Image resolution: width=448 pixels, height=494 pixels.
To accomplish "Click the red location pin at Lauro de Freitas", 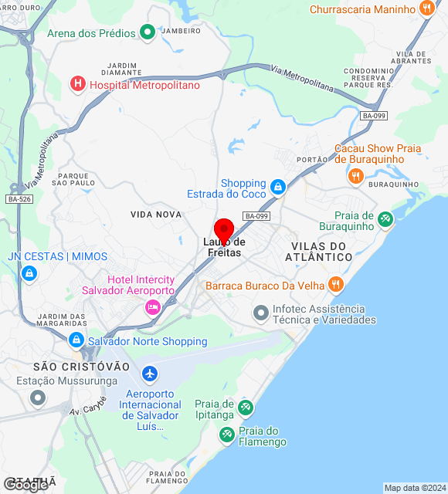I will click(x=223, y=230).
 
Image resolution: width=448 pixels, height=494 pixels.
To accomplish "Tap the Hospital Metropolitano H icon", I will click(x=77, y=84).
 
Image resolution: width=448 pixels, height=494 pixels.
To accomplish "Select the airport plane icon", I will click(x=149, y=375).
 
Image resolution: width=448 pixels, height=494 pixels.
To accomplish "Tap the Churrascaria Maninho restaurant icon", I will click(x=426, y=9).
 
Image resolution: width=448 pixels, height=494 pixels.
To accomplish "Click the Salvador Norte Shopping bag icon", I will click(x=76, y=340).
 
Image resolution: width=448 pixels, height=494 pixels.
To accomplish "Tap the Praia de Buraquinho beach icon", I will click(x=385, y=220).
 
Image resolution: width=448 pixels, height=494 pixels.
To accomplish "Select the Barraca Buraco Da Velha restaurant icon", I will click(x=335, y=285).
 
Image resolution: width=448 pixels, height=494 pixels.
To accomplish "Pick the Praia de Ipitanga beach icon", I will click(x=246, y=407).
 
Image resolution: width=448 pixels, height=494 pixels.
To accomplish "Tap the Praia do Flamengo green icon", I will click(x=226, y=435).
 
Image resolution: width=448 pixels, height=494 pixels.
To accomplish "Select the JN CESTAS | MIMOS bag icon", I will click(x=29, y=272).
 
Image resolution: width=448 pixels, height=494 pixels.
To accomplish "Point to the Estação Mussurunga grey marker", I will click(x=37, y=398).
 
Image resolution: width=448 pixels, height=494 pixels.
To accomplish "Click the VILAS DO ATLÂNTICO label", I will click(x=322, y=251).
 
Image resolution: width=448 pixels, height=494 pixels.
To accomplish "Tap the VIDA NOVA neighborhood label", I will click(x=156, y=214).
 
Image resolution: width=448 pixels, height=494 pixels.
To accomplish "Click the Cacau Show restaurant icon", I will click(x=355, y=176).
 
